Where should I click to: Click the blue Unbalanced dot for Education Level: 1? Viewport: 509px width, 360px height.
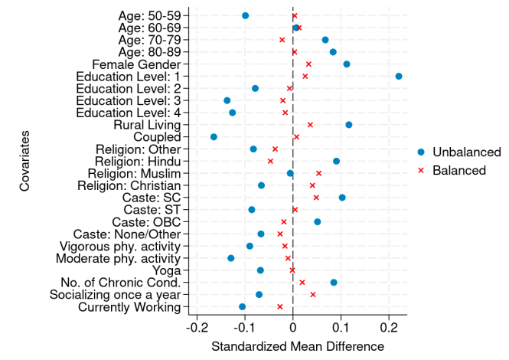pyautogui.click(x=399, y=77)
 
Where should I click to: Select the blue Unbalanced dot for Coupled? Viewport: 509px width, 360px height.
pyautogui.click(x=214, y=137)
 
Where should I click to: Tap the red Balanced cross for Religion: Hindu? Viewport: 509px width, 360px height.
pyautogui.click(x=270, y=161)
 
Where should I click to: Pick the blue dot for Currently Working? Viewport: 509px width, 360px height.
pyautogui.click(x=243, y=306)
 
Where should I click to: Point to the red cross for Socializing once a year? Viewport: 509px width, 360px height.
pyautogui.click(x=312, y=294)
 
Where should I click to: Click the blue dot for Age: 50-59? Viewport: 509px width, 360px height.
pyautogui.click(x=245, y=15)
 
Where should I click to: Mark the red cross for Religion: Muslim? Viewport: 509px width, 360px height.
pyautogui.click(x=318, y=173)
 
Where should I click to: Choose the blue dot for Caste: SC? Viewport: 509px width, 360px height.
pyautogui.click(x=342, y=198)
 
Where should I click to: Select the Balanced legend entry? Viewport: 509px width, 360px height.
pyautogui.click(x=458, y=170)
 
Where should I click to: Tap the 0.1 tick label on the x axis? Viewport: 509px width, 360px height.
pyautogui.click(x=341, y=329)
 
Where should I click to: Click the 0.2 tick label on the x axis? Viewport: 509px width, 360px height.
pyautogui.click(x=389, y=329)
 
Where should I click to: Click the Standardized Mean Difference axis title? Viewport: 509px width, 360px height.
pyautogui.click(x=298, y=347)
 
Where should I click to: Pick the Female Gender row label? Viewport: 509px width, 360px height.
pyautogui.click(x=136, y=64)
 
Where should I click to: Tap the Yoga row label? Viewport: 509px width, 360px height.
pyautogui.click(x=167, y=270)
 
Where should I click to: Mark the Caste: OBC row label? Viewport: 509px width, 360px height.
pyautogui.click(x=152, y=222)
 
